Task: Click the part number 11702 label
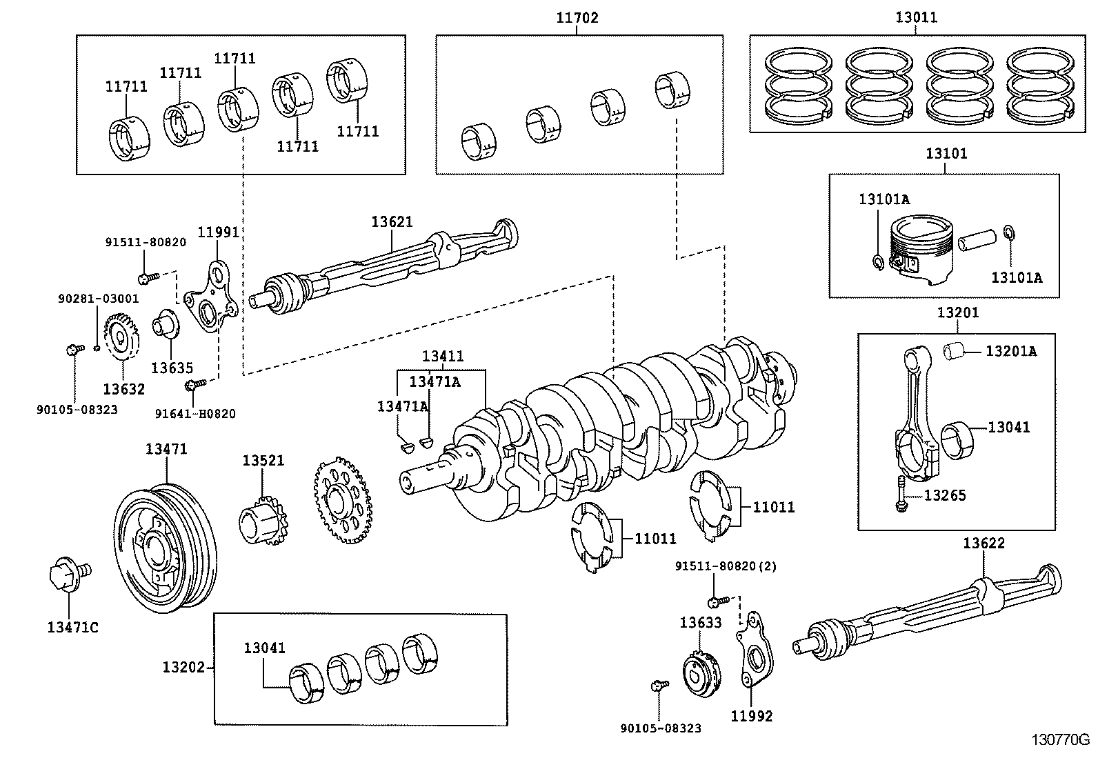click(x=577, y=19)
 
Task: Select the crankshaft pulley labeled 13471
click(x=164, y=546)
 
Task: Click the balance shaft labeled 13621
click(x=386, y=266)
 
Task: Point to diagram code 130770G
click(x=1060, y=740)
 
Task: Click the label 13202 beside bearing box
click(x=183, y=667)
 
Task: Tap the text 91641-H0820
click(x=195, y=414)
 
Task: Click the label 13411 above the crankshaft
click(x=443, y=357)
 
